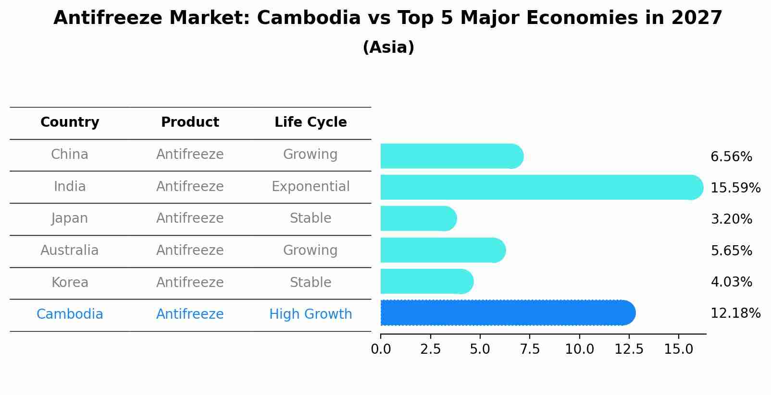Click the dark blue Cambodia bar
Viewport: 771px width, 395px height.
point(507,313)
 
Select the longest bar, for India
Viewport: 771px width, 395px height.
point(541,187)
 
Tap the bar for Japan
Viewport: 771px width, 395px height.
point(418,219)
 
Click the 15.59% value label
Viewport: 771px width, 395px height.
point(735,188)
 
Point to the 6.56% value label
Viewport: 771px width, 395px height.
point(731,156)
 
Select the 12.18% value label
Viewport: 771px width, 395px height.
point(735,313)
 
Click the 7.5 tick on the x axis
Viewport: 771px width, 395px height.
point(530,349)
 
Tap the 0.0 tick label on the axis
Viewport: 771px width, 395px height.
point(381,349)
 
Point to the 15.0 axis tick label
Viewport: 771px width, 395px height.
point(678,349)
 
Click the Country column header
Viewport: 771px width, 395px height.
point(70,122)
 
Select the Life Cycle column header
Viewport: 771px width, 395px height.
point(311,122)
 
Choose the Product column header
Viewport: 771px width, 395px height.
point(190,122)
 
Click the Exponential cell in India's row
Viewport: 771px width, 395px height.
point(311,186)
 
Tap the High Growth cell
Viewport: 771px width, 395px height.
point(311,314)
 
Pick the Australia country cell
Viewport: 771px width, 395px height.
point(70,251)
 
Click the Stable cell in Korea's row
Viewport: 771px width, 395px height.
point(311,282)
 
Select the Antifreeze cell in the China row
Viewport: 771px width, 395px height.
point(190,155)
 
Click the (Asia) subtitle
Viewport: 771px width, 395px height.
point(388,48)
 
